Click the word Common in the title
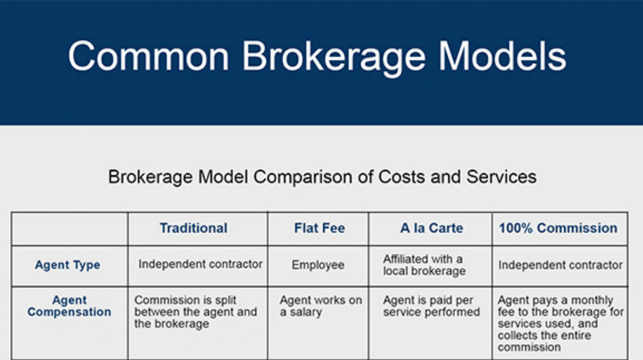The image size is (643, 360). click(148, 56)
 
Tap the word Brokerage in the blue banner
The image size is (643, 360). click(334, 58)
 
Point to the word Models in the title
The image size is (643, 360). click(503, 55)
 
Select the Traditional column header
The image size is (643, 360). click(194, 228)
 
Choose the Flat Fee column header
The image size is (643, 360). click(319, 228)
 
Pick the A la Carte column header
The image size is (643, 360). click(431, 228)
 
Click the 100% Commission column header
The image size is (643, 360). click(558, 228)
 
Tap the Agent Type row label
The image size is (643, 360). click(68, 265)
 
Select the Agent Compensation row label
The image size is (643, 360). click(69, 306)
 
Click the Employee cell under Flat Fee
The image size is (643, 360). click(318, 265)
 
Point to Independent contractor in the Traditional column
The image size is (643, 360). click(200, 264)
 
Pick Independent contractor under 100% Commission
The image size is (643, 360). click(560, 265)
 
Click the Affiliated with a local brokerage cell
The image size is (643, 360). click(425, 265)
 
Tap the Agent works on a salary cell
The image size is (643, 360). click(321, 306)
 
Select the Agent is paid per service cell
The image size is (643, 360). click(431, 306)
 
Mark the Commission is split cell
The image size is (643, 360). click(196, 312)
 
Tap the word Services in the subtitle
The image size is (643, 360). click(501, 177)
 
